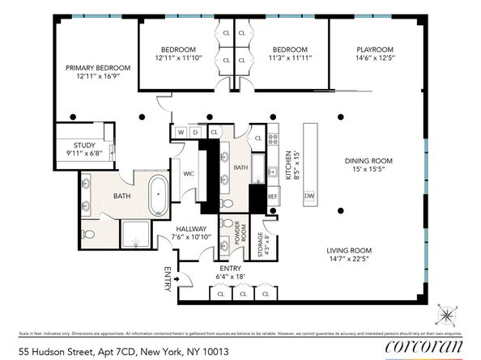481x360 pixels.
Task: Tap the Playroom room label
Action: [375, 49]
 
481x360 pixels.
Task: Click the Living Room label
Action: [349, 251]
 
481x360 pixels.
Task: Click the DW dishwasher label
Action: [309, 197]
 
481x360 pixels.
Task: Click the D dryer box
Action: [195, 131]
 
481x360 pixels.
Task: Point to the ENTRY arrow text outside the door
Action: [168, 279]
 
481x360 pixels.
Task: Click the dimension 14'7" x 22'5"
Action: [349, 260]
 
